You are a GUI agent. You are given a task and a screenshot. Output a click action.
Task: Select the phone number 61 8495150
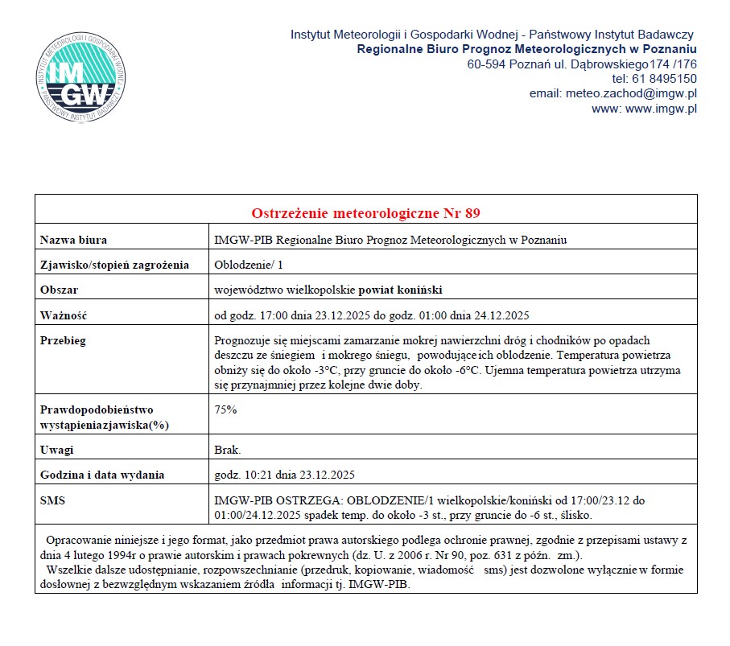[665, 79]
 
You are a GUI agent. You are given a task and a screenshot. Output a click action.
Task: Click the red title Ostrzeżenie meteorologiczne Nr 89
[365, 213]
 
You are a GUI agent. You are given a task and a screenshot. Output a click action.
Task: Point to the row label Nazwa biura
[73, 240]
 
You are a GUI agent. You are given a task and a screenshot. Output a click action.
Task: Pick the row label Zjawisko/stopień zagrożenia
[114, 265]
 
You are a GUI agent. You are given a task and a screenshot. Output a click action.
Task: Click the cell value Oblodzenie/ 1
[249, 265]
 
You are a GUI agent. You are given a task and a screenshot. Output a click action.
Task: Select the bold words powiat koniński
[400, 290]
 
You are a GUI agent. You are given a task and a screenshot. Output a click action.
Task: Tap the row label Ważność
[63, 315]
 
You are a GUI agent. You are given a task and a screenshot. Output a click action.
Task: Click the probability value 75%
[225, 409]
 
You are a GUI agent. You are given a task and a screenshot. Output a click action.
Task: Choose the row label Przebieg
[63, 340]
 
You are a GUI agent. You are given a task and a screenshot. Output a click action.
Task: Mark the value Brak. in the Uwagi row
[228, 450]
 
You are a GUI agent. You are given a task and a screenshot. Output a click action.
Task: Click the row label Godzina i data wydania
[102, 475]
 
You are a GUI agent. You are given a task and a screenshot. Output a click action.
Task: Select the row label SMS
[52, 500]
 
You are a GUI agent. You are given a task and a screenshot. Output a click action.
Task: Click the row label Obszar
[60, 290]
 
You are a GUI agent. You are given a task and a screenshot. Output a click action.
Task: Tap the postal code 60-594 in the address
[486, 64]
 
